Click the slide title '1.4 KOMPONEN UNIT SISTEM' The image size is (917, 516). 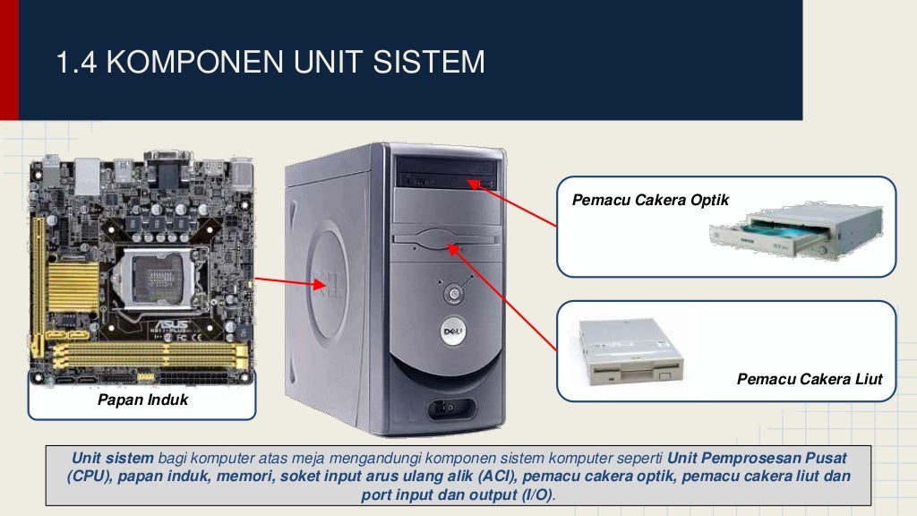coord(270,63)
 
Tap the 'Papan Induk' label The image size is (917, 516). coord(143,400)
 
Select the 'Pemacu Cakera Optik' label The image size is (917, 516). coord(651,199)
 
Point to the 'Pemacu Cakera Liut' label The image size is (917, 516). coord(810,380)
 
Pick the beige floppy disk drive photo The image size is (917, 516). coord(630,351)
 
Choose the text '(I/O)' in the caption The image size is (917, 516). coord(534,494)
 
